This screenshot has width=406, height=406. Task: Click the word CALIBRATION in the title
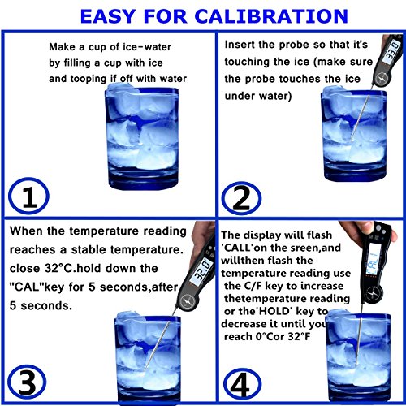(271, 16)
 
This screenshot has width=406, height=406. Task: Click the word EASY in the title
(108, 16)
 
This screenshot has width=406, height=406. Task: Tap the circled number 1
(28, 197)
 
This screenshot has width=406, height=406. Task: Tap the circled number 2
(241, 198)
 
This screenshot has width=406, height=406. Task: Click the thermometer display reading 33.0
(392, 51)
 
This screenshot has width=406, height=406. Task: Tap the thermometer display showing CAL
(373, 261)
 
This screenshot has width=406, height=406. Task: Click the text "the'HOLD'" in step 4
(266, 311)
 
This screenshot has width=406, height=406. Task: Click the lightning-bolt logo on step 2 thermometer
(382, 79)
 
